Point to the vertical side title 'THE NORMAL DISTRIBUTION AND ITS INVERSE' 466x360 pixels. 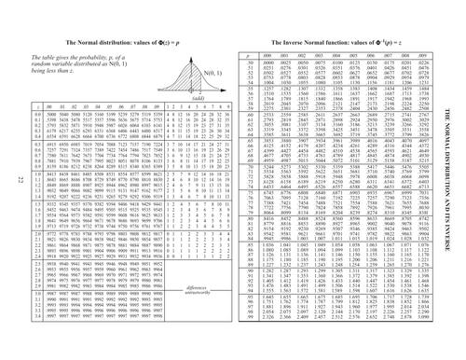click(458, 179)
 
